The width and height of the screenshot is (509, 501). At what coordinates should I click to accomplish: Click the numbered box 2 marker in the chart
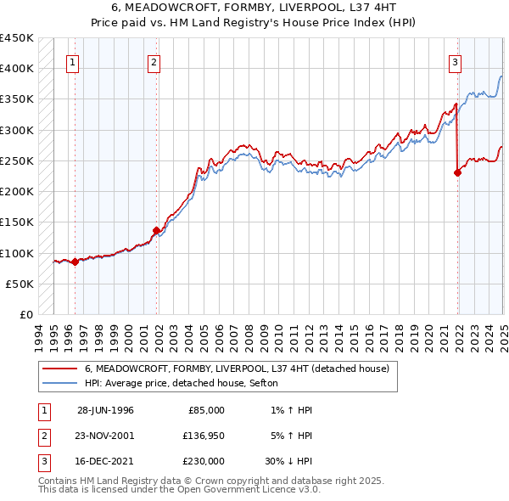154,61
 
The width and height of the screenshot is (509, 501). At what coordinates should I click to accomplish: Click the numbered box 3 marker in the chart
456,61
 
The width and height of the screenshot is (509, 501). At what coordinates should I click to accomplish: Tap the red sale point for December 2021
458,172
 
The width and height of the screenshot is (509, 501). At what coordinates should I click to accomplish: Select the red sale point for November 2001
157,230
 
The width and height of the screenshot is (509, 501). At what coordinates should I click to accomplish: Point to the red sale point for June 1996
75,262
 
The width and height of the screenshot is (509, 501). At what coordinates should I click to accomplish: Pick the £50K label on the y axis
20,284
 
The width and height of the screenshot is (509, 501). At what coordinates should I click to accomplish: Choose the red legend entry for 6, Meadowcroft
237,369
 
